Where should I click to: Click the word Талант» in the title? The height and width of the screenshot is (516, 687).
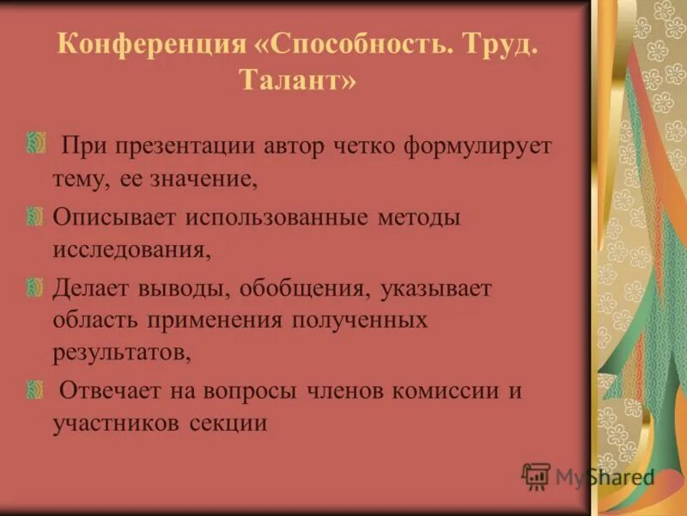(296, 82)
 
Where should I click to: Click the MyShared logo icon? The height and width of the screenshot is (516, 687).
(536, 475)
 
